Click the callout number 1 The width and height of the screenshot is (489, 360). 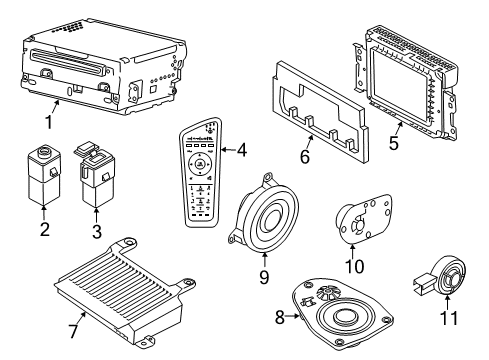tap(49, 122)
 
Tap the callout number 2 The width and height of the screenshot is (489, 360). tap(45, 229)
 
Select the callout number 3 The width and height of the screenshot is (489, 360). tap(96, 232)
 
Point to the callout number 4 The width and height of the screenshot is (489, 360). tap(242, 150)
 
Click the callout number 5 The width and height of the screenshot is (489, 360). tap(394, 143)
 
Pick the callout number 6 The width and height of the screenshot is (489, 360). tap(305, 156)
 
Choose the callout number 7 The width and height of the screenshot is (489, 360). tap(74, 331)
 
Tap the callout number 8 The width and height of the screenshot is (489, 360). tap(280, 317)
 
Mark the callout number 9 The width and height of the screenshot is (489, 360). tap(264, 277)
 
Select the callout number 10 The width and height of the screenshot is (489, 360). tap(354, 266)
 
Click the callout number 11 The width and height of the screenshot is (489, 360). tap(449, 318)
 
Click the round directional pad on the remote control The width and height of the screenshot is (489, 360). tap(199, 164)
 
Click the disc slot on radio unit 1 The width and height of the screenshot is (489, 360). tap(68, 61)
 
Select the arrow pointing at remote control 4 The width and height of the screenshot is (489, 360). tap(228, 150)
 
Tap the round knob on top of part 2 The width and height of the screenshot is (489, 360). tap(43, 152)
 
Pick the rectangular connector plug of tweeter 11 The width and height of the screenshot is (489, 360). tap(423, 283)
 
